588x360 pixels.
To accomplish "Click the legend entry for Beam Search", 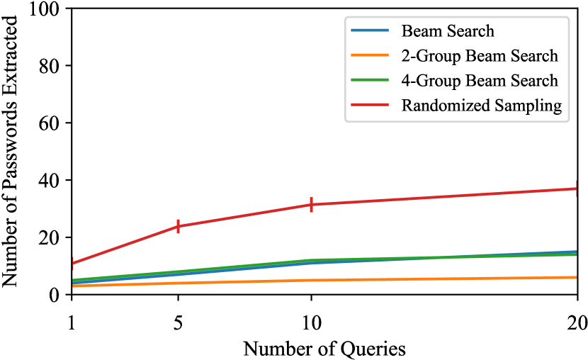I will click(x=447, y=31).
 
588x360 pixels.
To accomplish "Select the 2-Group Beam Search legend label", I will click(x=480, y=56).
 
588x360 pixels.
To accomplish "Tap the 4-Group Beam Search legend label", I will click(x=480, y=81).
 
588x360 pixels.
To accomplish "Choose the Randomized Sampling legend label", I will click(x=482, y=106).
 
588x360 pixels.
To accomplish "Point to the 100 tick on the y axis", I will click(x=48, y=9).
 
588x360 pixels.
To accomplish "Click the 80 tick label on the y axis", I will click(x=52, y=66).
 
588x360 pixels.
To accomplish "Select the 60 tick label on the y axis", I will click(x=52, y=123).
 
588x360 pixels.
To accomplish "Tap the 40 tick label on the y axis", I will click(x=52, y=181).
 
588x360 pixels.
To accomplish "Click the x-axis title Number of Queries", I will click(x=324, y=347).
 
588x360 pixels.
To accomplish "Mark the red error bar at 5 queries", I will click(x=178, y=226).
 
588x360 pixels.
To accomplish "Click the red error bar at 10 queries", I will click(x=311, y=205).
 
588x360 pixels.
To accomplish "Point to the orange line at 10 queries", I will click(x=311, y=280).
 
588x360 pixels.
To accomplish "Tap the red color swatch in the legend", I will click(x=370, y=106).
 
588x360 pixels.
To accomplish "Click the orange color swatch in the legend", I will click(x=370, y=56).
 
